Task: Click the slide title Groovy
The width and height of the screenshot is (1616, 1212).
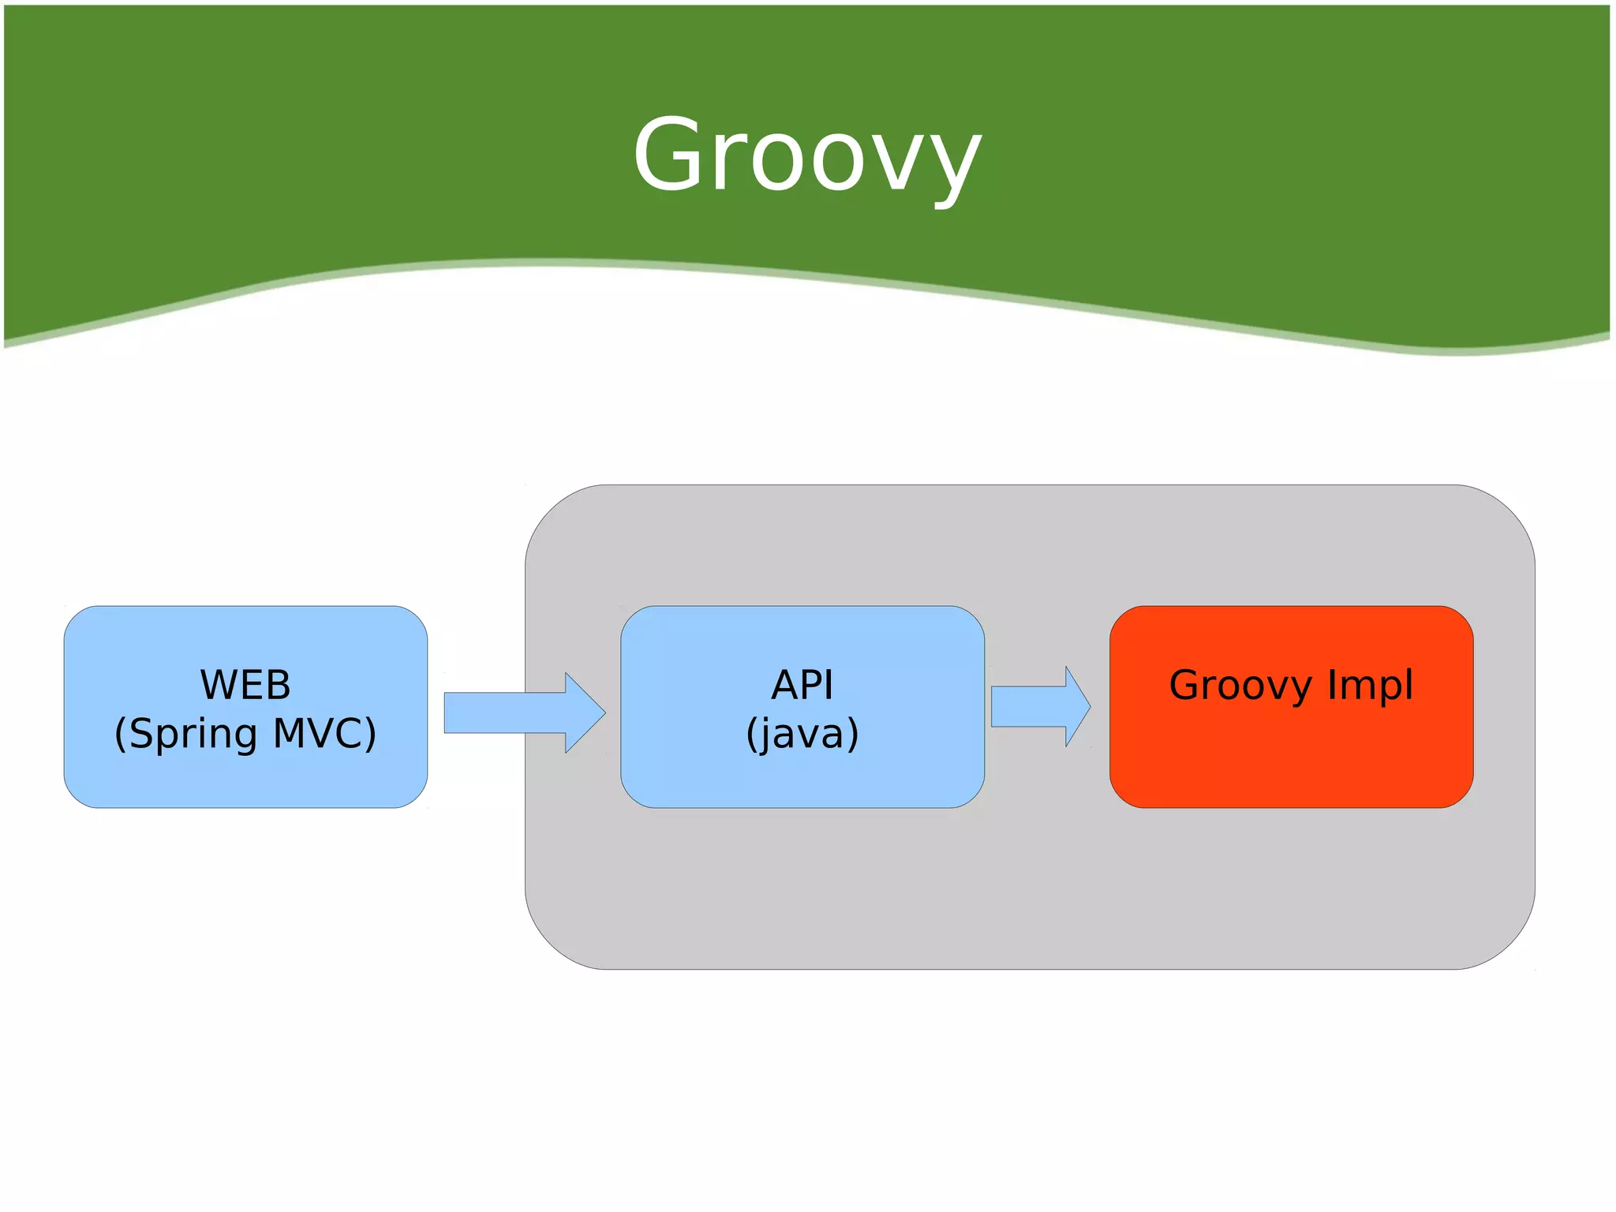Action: (x=807, y=155)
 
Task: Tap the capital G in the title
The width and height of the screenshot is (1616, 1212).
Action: (x=668, y=154)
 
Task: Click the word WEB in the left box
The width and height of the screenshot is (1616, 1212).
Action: (x=245, y=685)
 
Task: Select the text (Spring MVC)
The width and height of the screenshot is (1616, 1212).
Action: (x=245, y=734)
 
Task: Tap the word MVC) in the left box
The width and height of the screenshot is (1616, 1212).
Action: (x=324, y=733)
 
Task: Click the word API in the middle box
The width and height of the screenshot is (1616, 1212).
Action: (x=802, y=685)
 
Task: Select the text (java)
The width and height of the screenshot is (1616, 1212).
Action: (x=802, y=734)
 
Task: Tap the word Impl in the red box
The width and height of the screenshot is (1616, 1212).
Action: (x=1370, y=685)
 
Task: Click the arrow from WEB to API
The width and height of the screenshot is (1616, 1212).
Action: (x=521, y=713)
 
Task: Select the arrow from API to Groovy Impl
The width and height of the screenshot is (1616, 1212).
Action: (x=1038, y=706)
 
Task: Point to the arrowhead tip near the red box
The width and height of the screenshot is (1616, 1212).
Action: (x=1089, y=706)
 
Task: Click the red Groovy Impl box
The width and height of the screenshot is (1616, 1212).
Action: (x=1291, y=757)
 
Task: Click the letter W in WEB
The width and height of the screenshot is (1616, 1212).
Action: (x=216, y=685)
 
